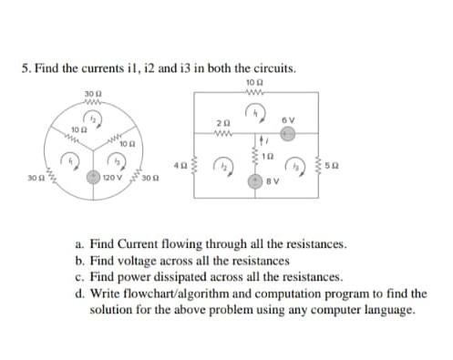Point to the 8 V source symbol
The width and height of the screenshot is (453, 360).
coord(256,180)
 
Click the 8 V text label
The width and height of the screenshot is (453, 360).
coord(272,180)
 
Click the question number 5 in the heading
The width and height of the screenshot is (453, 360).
coord(25,68)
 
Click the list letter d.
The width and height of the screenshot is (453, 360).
coord(80,293)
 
